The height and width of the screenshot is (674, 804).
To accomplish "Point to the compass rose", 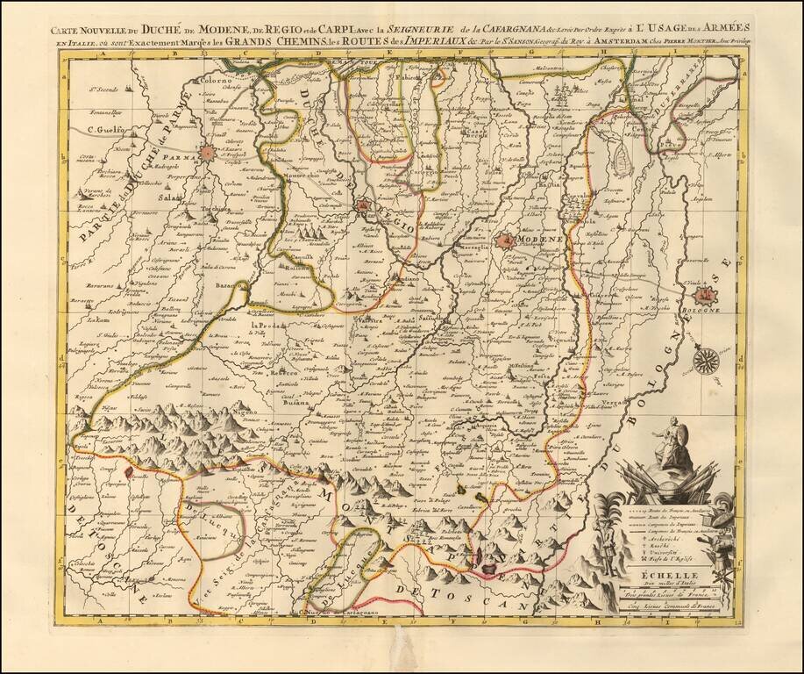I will pyautogui.click(x=704, y=360).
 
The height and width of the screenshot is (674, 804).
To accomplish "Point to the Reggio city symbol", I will pyautogui.click(x=363, y=207).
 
